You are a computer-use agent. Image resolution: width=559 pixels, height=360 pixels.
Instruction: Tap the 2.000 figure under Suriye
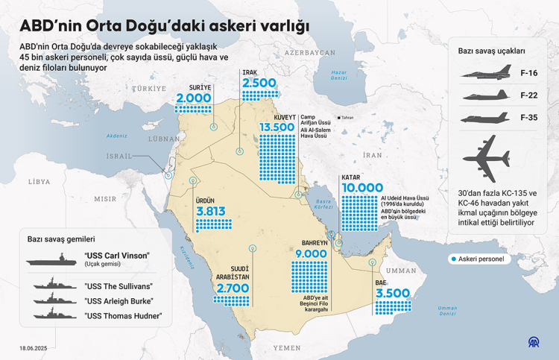coord(194,98)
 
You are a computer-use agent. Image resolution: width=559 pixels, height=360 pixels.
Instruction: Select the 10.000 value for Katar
coord(362,188)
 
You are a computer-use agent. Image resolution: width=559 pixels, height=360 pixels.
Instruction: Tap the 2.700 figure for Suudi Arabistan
coord(233,288)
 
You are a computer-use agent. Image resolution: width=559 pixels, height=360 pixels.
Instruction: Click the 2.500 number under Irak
coord(260,83)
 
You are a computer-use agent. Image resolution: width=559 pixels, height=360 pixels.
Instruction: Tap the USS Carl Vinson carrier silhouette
coord(54,260)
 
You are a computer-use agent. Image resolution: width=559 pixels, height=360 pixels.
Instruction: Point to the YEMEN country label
coord(286,347)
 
